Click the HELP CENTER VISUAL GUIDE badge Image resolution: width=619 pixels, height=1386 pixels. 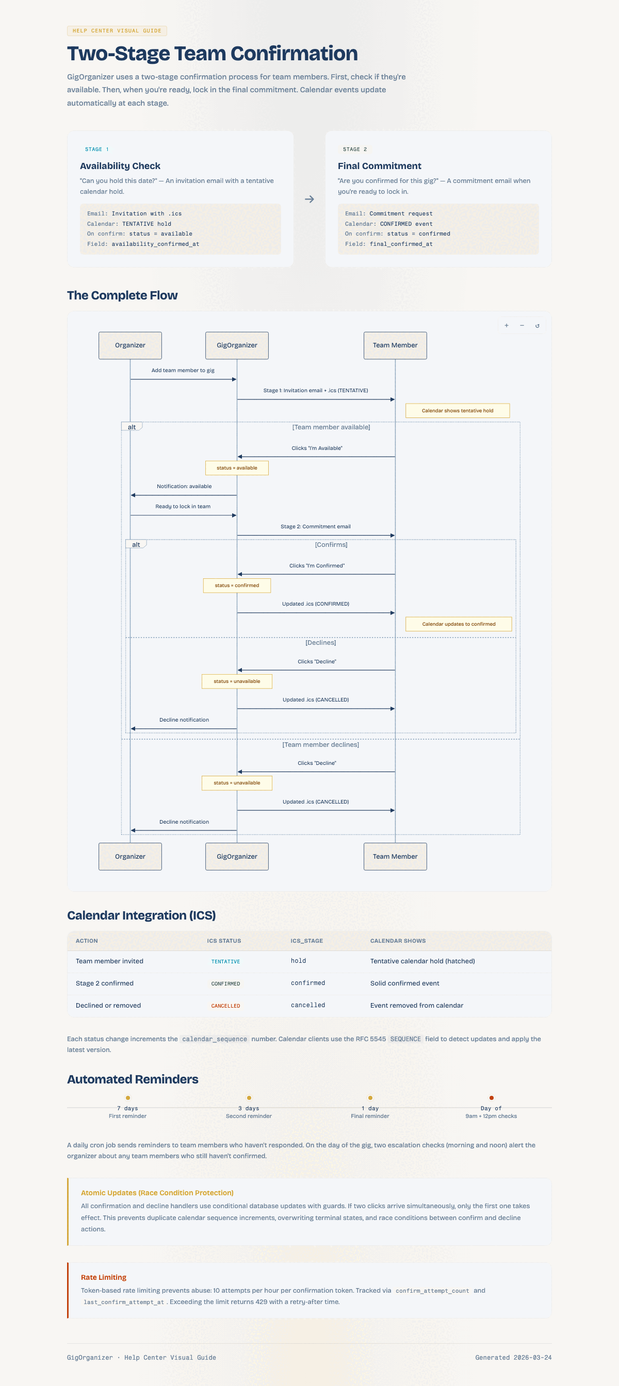pyautogui.click(x=117, y=31)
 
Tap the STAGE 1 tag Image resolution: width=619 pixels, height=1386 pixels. pyautogui.click(x=96, y=149)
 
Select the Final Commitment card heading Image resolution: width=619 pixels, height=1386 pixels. pyautogui.click(x=380, y=166)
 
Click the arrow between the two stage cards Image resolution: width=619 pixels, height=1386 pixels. pyautogui.click(x=309, y=199)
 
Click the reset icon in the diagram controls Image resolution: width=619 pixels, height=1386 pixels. pyautogui.click(x=537, y=326)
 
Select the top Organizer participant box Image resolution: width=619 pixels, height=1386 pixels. pyautogui.click(x=131, y=345)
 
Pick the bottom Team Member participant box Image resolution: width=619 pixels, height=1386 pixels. pyautogui.click(x=395, y=856)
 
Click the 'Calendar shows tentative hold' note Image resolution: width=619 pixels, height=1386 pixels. pyautogui.click(x=458, y=410)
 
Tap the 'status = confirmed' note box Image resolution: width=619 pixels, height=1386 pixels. pyautogui.click(x=237, y=586)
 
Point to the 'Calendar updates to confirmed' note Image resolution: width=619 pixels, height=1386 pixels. pyautogui.click(x=459, y=624)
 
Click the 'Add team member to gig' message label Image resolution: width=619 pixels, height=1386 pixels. pyautogui.click(x=183, y=370)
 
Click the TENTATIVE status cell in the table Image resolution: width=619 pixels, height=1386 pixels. pyautogui.click(x=225, y=961)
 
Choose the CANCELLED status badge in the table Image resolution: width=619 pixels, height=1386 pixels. pyautogui.click(x=225, y=1006)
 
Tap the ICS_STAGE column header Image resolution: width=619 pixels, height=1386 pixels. pyautogui.click(x=307, y=941)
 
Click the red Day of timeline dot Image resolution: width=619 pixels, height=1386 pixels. pyautogui.click(x=492, y=1097)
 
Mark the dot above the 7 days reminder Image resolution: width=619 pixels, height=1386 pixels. pyautogui.click(x=127, y=1097)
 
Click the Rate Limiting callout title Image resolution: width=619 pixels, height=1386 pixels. pyautogui.click(x=104, y=1277)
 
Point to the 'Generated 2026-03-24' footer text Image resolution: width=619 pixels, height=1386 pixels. pyautogui.click(x=513, y=1358)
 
